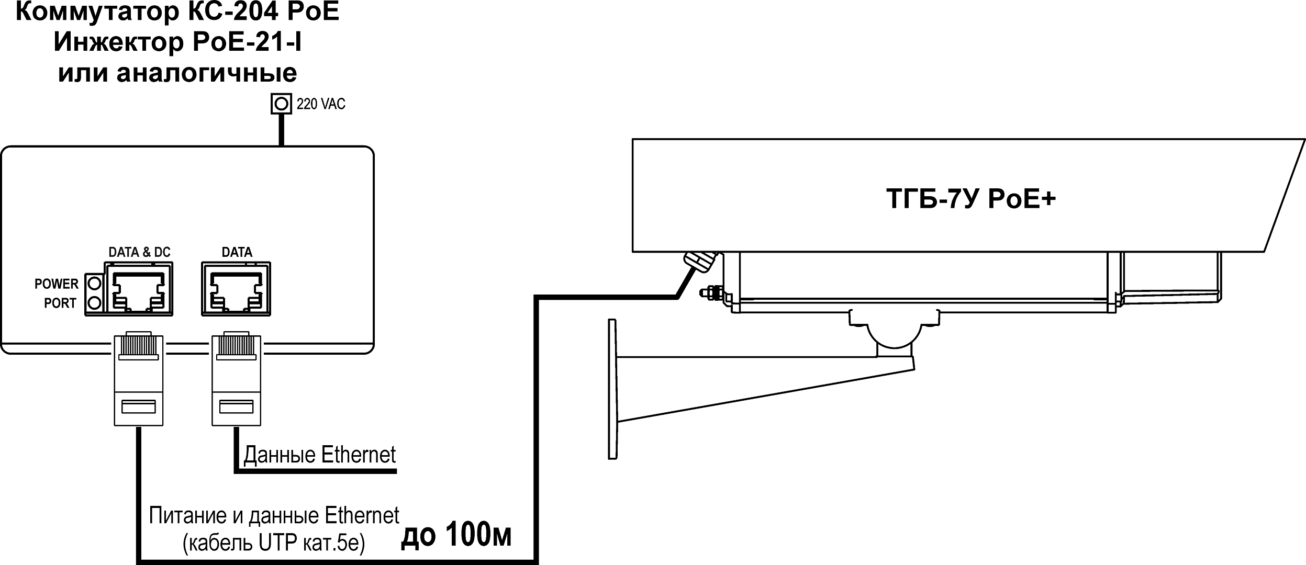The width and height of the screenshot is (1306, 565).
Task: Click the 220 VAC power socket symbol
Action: point(281,104)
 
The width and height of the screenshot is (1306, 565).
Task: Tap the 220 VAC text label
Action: point(321,104)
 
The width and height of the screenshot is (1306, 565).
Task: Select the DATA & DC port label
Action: point(139,252)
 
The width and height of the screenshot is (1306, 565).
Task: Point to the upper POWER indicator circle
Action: point(94,284)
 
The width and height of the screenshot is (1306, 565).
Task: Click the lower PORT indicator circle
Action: point(94,303)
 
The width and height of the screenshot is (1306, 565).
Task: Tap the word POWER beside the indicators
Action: point(57,284)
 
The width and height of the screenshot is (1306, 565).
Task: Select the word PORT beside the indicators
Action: point(60,303)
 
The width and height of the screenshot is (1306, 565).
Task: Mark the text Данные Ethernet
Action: point(319,455)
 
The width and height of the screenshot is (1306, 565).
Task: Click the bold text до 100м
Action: point(456,535)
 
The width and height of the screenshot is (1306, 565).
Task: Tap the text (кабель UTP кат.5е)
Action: point(274,544)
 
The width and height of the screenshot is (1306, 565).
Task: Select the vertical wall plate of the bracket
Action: point(612,389)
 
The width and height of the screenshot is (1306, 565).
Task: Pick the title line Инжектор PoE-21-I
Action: point(177,42)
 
